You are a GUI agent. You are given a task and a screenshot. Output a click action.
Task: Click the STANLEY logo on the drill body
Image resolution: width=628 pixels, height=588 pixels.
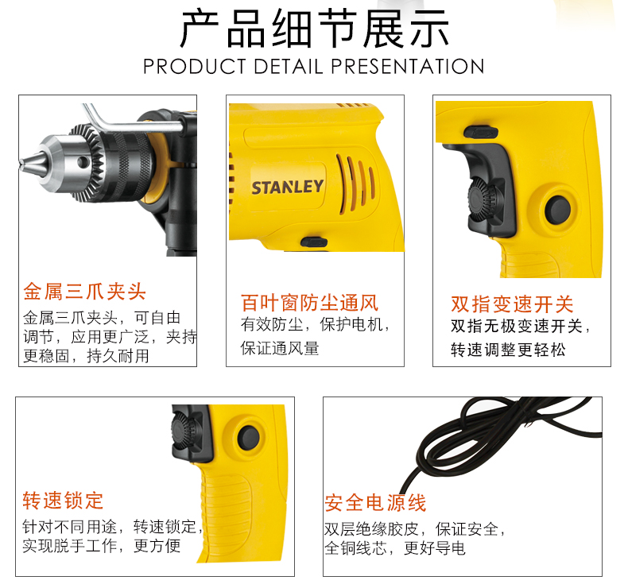click(x=287, y=187)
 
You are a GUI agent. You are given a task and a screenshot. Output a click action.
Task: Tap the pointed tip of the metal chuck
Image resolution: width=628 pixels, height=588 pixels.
click(x=21, y=162)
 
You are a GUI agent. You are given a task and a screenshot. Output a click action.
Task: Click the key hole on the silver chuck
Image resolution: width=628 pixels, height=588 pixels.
click(x=83, y=162)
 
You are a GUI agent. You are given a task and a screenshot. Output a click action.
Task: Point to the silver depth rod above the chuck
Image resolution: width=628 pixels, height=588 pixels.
click(x=132, y=120)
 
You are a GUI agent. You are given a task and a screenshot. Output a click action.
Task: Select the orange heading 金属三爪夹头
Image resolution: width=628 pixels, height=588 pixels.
click(x=84, y=291)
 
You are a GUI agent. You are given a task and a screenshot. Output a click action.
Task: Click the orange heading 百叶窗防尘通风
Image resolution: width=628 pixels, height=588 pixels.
click(x=309, y=303)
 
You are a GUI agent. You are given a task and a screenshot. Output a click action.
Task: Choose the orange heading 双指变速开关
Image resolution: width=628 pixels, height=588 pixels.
click(x=512, y=304)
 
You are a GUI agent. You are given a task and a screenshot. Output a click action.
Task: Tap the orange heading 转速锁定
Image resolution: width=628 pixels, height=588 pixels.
click(x=64, y=501)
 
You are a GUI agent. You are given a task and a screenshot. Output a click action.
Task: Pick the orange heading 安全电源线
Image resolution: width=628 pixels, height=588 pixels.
click(x=375, y=503)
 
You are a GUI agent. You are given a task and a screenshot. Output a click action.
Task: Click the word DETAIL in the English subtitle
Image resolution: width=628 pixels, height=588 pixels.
click(x=289, y=67)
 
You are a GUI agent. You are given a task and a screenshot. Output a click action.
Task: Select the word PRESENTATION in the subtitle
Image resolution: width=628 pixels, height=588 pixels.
click(x=408, y=67)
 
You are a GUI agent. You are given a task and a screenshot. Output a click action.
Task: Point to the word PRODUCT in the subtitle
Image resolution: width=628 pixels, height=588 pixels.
click(x=195, y=67)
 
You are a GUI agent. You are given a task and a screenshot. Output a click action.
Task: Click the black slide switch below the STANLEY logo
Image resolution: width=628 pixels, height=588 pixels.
click(x=314, y=242)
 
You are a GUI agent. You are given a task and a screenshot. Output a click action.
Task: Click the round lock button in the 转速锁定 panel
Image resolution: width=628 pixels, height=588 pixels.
click(x=248, y=438)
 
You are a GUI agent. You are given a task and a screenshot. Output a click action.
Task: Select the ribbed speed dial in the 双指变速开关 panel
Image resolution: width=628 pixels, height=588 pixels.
click(x=482, y=199)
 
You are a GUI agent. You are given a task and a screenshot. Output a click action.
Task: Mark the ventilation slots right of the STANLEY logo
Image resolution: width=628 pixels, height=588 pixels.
click(x=356, y=183)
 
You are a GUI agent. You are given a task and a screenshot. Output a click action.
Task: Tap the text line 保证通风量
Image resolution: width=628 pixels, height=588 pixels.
click(x=280, y=348)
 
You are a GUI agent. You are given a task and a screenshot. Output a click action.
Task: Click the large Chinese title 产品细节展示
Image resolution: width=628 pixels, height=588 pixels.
click(x=315, y=29)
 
